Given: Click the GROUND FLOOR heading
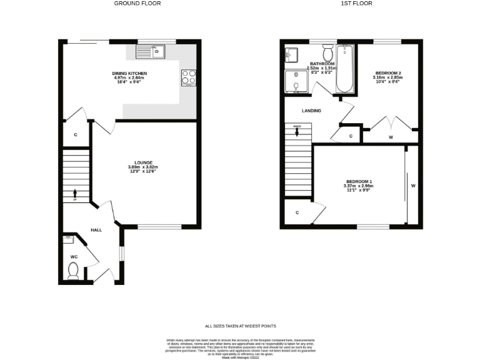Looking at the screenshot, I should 137,3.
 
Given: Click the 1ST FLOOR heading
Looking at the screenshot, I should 356,3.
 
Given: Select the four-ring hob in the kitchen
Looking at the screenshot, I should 188,77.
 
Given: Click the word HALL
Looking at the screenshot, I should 96,230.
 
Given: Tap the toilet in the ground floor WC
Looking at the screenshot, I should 73,270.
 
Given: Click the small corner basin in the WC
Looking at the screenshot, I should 68,239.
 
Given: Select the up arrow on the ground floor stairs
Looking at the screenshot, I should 76,193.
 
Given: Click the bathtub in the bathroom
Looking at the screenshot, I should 345,69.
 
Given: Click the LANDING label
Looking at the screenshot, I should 311,111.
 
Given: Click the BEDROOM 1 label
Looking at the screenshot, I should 358,181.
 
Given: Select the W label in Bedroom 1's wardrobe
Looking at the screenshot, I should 412,186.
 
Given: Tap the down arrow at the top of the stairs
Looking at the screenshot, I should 297,132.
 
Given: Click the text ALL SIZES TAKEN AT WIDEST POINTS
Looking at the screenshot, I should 240,326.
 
